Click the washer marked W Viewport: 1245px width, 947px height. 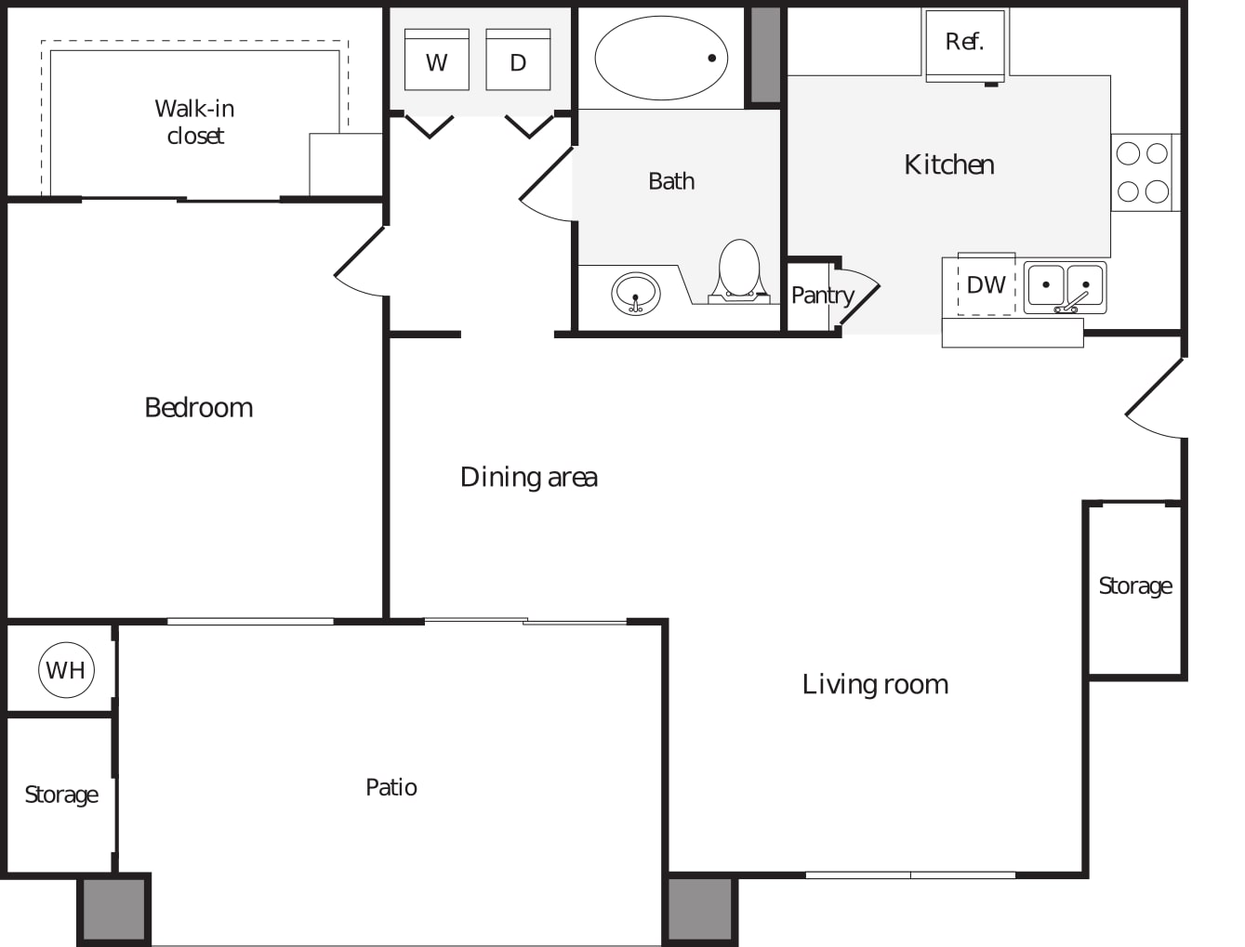(x=436, y=59)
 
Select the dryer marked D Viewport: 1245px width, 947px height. (x=518, y=59)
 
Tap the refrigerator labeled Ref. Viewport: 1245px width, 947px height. (x=965, y=46)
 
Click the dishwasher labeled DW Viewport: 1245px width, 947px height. (x=987, y=284)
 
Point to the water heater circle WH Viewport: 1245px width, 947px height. (x=66, y=670)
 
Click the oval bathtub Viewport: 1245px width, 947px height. (x=661, y=58)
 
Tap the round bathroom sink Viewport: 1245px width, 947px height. (x=635, y=294)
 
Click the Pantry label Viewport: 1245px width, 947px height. (x=823, y=296)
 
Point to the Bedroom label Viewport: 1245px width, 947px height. (x=199, y=407)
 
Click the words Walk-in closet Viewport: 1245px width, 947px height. (x=194, y=122)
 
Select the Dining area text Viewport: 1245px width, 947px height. (x=529, y=477)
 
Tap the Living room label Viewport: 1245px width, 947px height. (x=875, y=684)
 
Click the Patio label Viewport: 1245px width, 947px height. (x=391, y=787)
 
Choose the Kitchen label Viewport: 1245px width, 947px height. (x=949, y=164)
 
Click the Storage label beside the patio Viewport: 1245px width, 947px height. (x=61, y=796)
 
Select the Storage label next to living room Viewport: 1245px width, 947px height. (x=1135, y=586)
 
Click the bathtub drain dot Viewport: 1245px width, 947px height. (x=712, y=58)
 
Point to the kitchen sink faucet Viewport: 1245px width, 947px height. (x=1072, y=302)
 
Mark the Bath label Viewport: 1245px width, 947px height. (x=671, y=181)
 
